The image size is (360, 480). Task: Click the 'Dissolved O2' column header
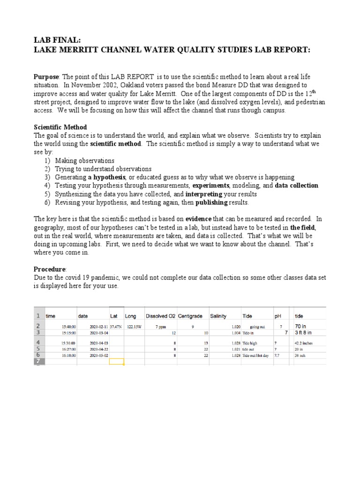[x=160, y=316]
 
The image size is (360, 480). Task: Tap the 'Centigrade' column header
[x=190, y=316]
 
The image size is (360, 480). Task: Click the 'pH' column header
[x=278, y=316]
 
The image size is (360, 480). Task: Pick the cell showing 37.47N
[x=116, y=326]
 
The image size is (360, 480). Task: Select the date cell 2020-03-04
[x=99, y=333]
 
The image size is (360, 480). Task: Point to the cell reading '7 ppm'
[x=160, y=326]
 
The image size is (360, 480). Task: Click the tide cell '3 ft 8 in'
[x=304, y=332]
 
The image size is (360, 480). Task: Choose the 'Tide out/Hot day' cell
[x=255, y=356]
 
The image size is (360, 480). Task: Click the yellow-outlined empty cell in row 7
[x=116, y=361]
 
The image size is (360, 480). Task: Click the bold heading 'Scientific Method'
[x=60, y=127]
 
